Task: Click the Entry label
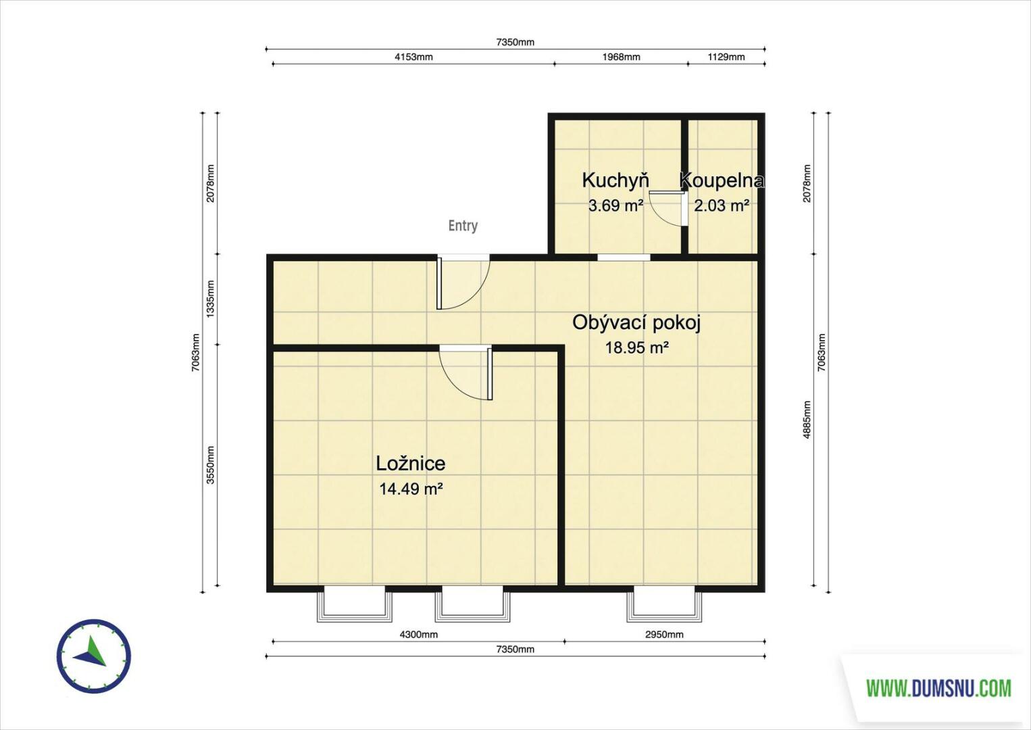(x=463, y=226)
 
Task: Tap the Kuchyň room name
(x=615, y=180)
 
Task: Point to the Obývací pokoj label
(x=636, y=323)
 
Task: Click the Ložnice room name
(x=411, y=463)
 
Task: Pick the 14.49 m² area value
(x=411, y=489)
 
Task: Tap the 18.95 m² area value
(x=636, y=347)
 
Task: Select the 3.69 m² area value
(x=616, y=205)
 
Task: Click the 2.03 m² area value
(x=722, y=205)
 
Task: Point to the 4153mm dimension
(x=413, y=57)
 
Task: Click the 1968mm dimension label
(x=622, y=57)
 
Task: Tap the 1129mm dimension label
(x=726, y=57)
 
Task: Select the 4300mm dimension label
(x=419, y=634)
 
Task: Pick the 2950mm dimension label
(x=664, y=634)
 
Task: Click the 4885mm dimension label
(x=807, y=420)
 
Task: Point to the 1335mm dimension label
(x=210, y=299)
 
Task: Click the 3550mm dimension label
(x=210, y=465)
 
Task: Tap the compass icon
(x=94, y=656)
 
